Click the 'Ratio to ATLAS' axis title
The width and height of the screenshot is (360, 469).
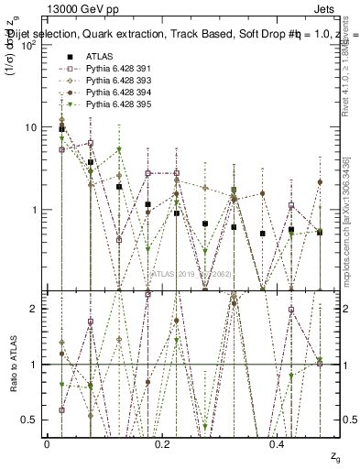(12, 365)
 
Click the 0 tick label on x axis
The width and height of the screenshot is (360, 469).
(47, 443)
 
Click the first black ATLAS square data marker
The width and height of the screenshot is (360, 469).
(61, 129)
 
